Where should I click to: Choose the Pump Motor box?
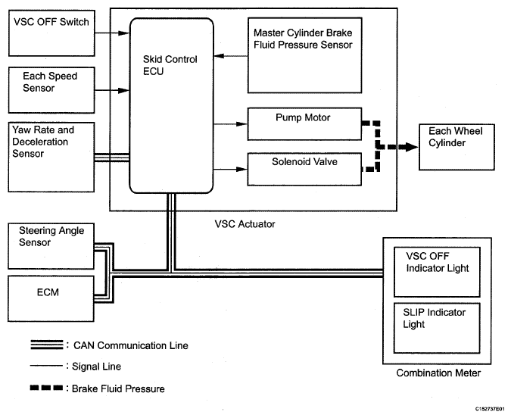[x=303, y=123]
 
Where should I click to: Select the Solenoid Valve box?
[x=303, y=167]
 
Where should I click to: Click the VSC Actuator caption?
[x=245, y=223]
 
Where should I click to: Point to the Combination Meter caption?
[x=438, y=373]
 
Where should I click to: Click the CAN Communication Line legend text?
[x=131, y=345]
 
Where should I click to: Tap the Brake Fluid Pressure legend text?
[x=119, y=388]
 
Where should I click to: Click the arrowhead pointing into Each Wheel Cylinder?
[x=416, y=145]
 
